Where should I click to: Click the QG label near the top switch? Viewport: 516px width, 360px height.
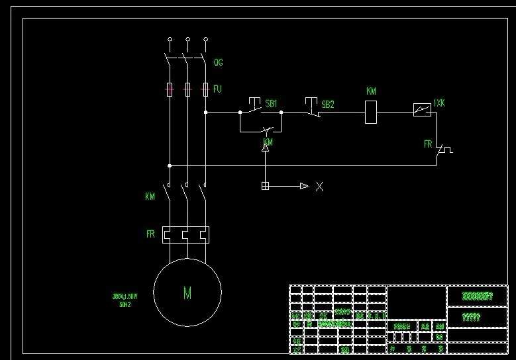[x=218, y=63]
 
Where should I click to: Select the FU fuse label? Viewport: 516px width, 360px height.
[x=217, y=88]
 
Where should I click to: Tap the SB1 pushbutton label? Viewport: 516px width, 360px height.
[x=271, y=104]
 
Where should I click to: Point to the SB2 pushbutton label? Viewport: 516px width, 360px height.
[x=327, y=105]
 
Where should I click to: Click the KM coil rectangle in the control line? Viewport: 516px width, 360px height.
[x=371, y=112]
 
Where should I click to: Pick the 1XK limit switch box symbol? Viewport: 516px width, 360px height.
[x=421, y=110]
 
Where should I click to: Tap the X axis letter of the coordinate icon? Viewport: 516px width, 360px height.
[x=319, y=187]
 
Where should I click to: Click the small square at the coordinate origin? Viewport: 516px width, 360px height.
[x=265, y=186]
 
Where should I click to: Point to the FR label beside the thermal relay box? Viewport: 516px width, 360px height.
[x=150, y=234]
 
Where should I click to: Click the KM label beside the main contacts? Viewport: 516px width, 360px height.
[x=150, y=197]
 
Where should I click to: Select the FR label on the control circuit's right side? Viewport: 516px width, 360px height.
[x=428, y=144]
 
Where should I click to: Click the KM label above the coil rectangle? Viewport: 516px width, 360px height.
[x=371, y=91]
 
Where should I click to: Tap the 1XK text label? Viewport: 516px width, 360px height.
[x=439, y=103]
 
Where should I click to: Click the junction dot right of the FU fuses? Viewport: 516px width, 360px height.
[x=205, y=112]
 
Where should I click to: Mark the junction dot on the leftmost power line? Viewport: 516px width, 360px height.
[x=170, y=165]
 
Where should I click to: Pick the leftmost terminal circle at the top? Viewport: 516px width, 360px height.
[x=170, y=40]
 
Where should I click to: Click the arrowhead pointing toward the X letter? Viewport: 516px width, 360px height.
[x=304, y=186]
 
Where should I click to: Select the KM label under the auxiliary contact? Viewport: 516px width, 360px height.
[x=268, y=142]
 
